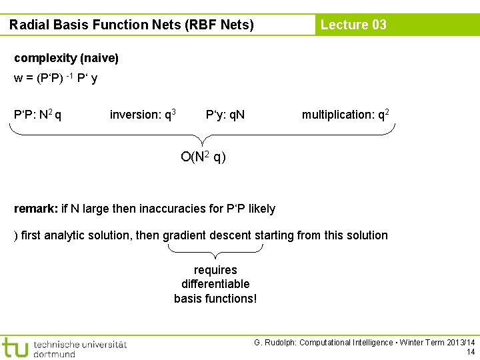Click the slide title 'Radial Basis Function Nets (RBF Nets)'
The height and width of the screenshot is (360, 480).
[x=131, y=25]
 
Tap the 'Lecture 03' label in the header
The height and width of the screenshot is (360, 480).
[x=353, y=25]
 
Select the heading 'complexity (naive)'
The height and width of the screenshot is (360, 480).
[x=66, y=59]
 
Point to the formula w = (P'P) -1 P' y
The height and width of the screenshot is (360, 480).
[x=56, y=79]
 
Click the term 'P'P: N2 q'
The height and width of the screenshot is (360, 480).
[x=38, y=115]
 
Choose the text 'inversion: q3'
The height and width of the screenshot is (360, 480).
[x=143, y=115]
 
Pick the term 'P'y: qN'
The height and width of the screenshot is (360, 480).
[x=225, y=115]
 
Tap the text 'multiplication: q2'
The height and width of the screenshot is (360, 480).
[x=345, y=115]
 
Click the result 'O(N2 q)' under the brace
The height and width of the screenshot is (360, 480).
[x=203, y=157]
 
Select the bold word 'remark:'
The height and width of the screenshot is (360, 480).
[x=35, y=209]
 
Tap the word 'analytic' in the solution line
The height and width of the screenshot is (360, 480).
[x=72, y=235]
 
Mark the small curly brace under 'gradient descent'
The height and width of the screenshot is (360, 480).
[x=215, y=252]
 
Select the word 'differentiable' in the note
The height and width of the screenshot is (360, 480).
[x=215, y=284]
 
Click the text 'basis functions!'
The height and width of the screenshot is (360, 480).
[x=215, y=298]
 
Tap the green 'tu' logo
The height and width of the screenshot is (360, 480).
[x=15, y=347]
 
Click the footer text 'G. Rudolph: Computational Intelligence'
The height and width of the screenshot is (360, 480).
[x=323, y=343]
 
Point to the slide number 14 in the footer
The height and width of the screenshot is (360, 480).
[x=471, y=352]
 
